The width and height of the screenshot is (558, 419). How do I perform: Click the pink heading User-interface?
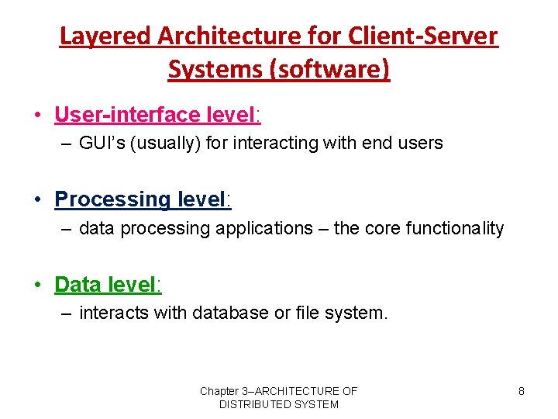(x=127, y=115)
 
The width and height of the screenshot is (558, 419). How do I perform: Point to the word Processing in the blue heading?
(x=112, y=199)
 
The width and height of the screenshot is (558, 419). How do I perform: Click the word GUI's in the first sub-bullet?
(x=99, y=143)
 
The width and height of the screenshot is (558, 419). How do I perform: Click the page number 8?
(x=521, y=391)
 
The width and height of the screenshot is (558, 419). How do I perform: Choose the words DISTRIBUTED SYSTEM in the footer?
(x=278, y=404)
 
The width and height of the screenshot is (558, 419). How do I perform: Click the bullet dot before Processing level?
(x=37, y=200)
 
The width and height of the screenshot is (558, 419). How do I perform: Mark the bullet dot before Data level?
(x=37, y=285)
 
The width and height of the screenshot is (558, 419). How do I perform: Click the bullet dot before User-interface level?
(x=37, y=116)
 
